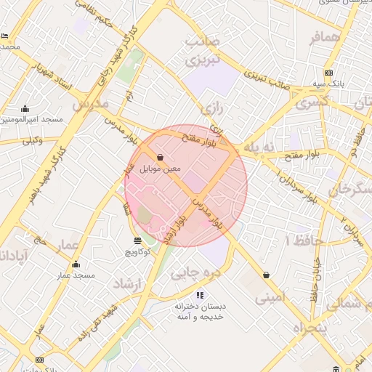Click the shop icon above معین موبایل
[160, 157]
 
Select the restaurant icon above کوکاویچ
[138, 240]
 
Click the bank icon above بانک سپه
[328, 73]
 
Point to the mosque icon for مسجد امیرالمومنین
[25, 108]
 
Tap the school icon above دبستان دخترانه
[201, 295]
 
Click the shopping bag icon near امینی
[266, 275]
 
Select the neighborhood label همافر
[323, 37]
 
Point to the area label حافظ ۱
[298, 240]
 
